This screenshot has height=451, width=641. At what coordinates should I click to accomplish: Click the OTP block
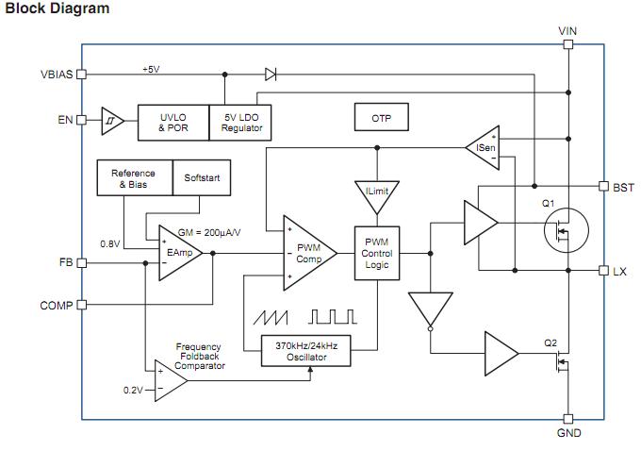(x=381, y=119)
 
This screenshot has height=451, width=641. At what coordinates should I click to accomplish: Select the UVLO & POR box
(x=173, y=123)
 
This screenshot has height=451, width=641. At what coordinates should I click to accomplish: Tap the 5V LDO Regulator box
(x=242, y=123)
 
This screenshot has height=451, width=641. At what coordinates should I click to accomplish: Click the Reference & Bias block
(x=133, y=178)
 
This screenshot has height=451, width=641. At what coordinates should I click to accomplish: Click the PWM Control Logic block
(x=377, y=253)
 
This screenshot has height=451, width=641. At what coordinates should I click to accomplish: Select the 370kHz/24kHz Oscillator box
(x=312, y=352)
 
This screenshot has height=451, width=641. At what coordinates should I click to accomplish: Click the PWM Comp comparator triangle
(x=307, y=253)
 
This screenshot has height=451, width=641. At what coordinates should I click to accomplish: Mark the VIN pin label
(x=567, y=31)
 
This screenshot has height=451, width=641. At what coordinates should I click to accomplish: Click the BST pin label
(x=623, y=188)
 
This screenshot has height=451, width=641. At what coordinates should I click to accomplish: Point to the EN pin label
(x=65, y=120)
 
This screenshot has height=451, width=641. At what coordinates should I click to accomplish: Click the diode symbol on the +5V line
(x=271, y=74)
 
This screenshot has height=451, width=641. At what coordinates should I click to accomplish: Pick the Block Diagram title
(x=58, y=8)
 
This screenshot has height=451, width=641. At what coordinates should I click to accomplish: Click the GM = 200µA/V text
(x=210, y=232)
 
